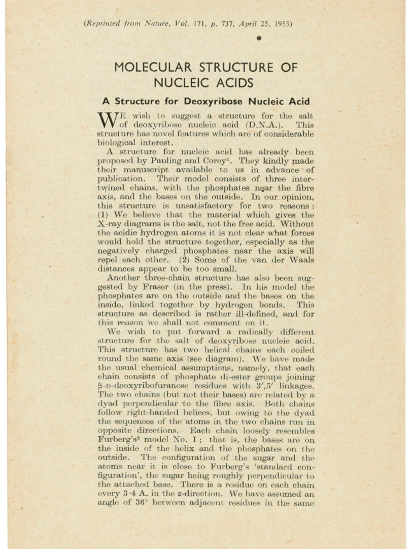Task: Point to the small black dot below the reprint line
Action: [258, 38]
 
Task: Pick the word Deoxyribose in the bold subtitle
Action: [213, 101]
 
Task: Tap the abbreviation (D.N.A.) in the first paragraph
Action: [269, 124]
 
